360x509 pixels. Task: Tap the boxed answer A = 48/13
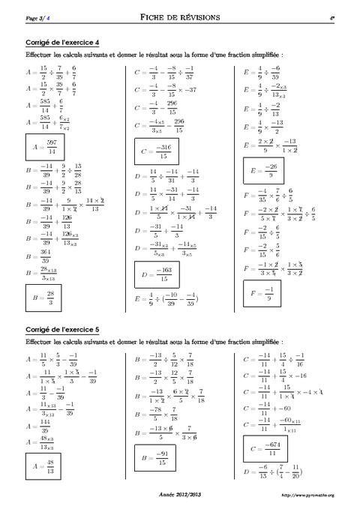(x=42, y=468)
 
